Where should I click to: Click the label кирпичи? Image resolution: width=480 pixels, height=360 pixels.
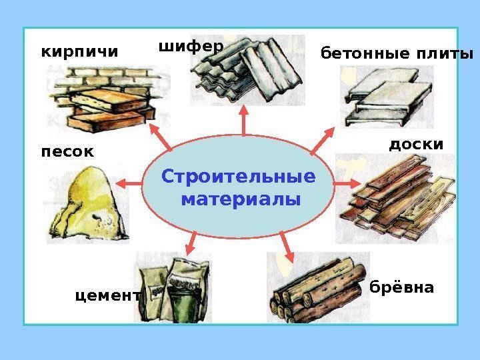79,51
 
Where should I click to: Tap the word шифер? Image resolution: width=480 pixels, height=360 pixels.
190,47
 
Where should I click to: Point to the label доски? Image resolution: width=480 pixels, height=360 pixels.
415,144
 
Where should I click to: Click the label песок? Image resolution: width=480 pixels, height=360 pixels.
67,152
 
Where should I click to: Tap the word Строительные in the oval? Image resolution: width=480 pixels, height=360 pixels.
238,178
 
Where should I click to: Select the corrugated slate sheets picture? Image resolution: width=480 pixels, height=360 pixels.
247,70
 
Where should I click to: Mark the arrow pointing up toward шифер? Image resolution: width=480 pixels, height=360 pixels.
243,120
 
